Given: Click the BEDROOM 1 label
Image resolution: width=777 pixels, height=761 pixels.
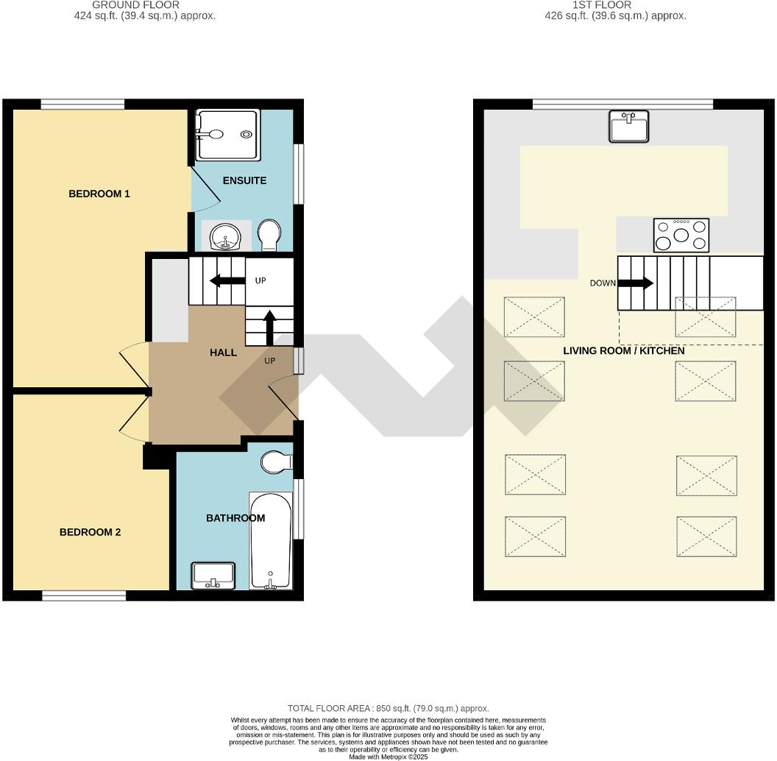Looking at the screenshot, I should [99, 194].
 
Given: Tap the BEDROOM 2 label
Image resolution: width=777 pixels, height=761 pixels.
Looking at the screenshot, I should [90, 532].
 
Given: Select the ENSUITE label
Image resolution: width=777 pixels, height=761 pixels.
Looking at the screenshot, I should [244, 180].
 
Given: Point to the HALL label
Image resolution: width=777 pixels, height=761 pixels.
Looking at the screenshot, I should [223, 353].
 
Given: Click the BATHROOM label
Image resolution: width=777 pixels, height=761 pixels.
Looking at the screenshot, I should [235, 518].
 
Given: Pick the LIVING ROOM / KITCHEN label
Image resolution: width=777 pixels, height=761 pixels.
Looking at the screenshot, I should [624, 351].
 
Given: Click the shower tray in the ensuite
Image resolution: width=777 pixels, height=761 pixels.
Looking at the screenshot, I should [227, 135].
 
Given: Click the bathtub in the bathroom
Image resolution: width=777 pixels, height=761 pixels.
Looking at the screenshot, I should [271, 541].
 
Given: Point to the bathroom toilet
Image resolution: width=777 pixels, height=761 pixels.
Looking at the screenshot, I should [276, 462].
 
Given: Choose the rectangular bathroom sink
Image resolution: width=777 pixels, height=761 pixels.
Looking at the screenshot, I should [213, 576].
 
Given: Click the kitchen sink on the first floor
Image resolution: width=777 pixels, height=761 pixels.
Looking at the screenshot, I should [628, 126].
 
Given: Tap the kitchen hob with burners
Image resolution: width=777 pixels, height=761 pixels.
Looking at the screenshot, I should [681, 236].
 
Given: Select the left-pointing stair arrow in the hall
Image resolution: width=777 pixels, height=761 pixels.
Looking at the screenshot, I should [226, 280].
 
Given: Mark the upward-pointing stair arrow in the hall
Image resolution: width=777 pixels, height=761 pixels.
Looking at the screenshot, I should [269, 328].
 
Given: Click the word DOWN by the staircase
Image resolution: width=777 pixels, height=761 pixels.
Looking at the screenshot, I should [603, 283].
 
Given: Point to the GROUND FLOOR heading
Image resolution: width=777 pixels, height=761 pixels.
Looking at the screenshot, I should [146, 4].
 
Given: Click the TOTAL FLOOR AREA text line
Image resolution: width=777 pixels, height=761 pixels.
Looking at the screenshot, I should [388, 709].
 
